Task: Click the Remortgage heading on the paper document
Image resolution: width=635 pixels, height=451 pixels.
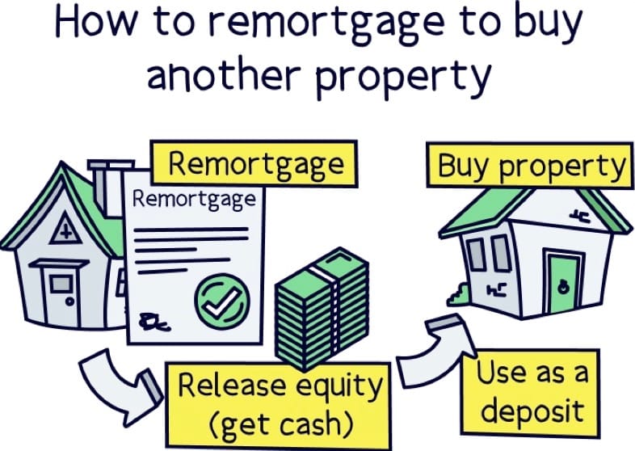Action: point(194,199)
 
